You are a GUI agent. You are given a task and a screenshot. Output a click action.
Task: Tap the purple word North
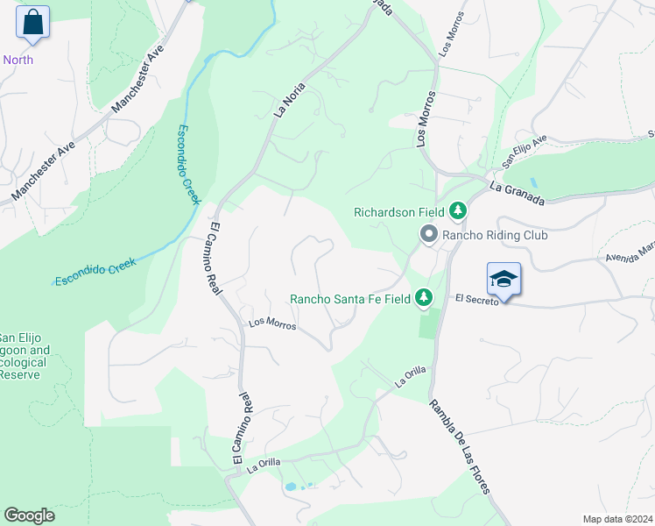18,60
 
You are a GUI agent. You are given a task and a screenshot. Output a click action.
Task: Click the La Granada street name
518,194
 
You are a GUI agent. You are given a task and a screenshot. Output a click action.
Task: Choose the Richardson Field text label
398,211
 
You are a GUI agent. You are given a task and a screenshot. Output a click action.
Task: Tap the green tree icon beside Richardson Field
457,211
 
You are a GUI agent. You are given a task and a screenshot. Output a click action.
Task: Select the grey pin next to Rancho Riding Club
428,234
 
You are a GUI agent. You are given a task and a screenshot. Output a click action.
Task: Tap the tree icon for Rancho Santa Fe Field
424,298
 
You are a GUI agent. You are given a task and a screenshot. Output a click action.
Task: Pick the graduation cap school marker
504,279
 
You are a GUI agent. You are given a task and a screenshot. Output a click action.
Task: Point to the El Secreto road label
477,299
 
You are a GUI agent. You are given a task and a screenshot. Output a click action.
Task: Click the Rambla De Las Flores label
460,446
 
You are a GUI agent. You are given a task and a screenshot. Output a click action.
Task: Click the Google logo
29,515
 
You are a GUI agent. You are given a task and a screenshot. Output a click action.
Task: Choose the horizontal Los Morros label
273,323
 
